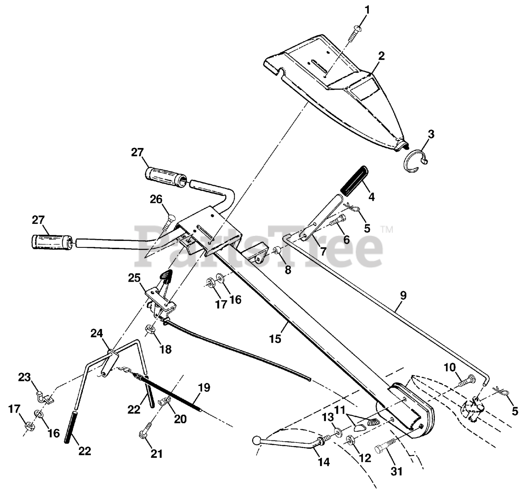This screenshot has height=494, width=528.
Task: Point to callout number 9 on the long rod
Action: click(403, 296)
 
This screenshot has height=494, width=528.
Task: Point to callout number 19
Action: click(204, 388)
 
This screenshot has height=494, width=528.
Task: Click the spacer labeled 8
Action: click(277, 251)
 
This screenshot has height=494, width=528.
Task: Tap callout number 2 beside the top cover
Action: click(381, 56)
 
